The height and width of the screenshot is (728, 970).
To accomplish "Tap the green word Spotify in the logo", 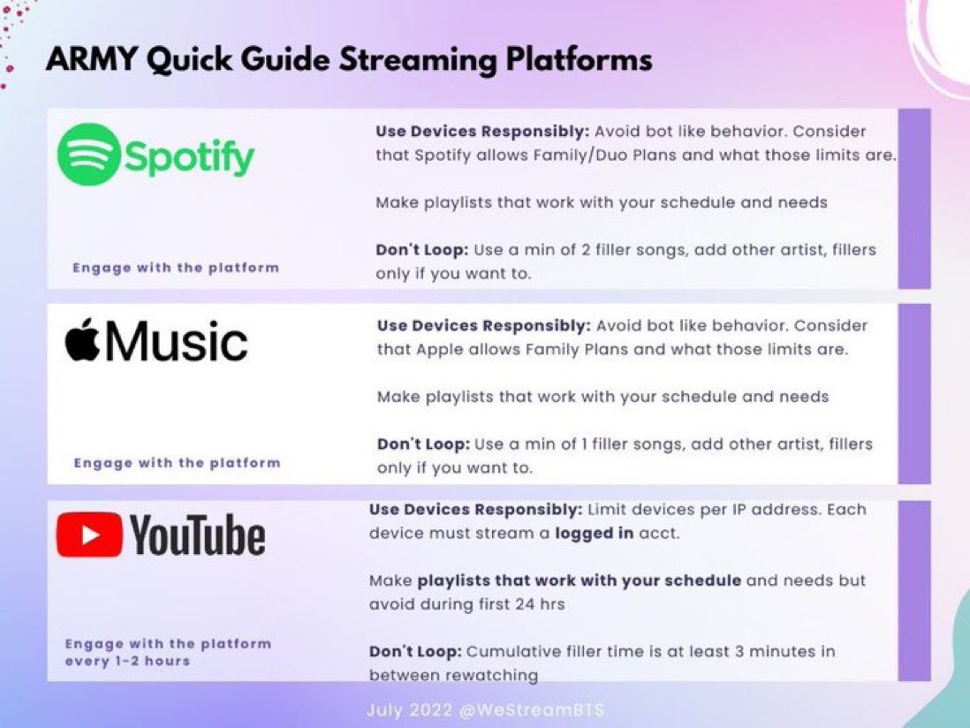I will tap(189, 157).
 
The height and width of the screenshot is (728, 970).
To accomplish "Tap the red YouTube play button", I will tap(89, 535).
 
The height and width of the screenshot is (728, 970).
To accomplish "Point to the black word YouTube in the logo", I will tap(197, 535).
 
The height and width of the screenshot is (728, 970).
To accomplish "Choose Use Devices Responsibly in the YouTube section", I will tap(475, 510).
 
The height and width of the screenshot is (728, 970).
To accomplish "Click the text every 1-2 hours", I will tap(127, 661).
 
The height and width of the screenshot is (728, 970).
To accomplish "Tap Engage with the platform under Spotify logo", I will tap(176, 268).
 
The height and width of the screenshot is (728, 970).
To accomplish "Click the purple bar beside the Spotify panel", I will tap(914, 199).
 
